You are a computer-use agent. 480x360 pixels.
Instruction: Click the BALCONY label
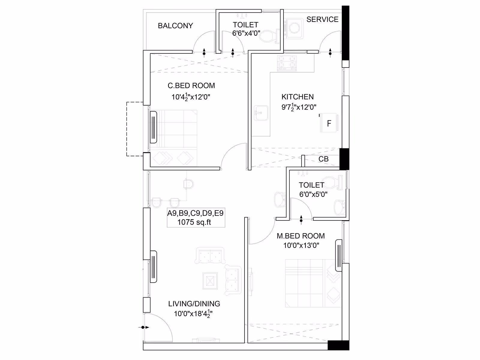175,26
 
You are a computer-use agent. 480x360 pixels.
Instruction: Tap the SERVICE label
322,19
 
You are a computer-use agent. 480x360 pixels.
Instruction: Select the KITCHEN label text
297,97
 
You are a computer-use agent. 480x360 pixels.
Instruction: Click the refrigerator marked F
329,123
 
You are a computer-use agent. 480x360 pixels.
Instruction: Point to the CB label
323,159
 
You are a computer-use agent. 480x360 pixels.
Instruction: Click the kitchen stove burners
287,63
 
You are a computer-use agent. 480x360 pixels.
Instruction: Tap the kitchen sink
261,113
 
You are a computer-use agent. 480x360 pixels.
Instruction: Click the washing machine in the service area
294,28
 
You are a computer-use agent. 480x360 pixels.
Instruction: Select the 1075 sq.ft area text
194,222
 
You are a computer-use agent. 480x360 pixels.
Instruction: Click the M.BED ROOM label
301,236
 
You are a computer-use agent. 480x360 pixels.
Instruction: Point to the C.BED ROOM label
191,85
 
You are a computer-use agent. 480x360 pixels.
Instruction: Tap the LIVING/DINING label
194,304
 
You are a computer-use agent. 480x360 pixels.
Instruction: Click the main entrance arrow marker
144,327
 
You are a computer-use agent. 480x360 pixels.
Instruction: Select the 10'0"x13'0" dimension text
301,245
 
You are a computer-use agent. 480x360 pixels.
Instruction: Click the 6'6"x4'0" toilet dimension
246,33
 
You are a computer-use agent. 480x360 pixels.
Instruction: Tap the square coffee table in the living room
210,281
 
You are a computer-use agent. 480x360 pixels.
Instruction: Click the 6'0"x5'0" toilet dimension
313,194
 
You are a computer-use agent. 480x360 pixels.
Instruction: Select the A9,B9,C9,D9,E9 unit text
195,213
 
